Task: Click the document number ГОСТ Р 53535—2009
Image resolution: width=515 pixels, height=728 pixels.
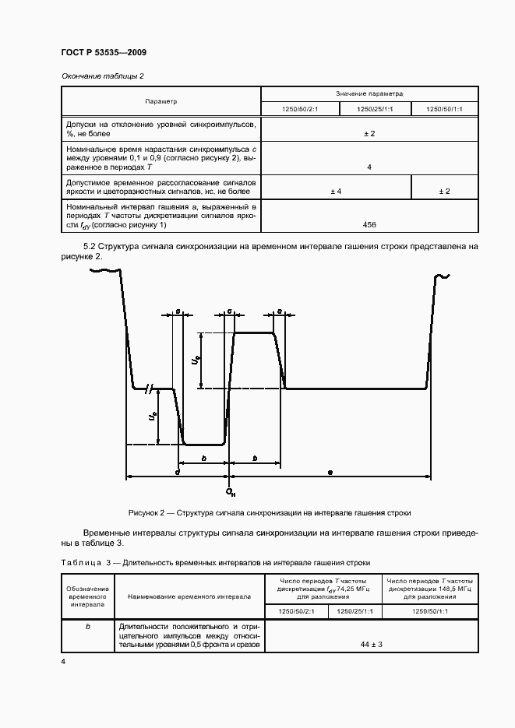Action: pyautogui.click(x=103, y=52)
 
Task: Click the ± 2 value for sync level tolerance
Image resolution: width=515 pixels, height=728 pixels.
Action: pyautogui.click(x=369, y=134)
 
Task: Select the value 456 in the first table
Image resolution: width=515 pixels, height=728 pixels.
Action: pyautogui.click(x=369, y=224)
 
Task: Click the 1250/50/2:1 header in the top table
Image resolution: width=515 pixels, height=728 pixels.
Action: pyautogui.click(x=300, y=110)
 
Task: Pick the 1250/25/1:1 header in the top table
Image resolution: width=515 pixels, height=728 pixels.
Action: pyautogui.click(x=374, y=110)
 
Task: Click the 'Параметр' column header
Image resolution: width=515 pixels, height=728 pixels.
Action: pyautogui.click(x=160, y=101)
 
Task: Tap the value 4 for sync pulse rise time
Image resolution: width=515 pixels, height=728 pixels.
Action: pyautogui.click(x=369, y=167)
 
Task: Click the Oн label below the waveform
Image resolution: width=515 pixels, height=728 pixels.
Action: pyautogui.click(x=230, y=492)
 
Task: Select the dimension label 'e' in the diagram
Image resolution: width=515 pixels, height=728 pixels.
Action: pyautogui.click(x=330, y=472)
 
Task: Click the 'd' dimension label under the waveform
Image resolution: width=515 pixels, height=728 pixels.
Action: pyautogui.click(x=178, y=472)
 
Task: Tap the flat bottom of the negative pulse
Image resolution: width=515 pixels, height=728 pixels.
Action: pyautogui.click(x=204, y=444)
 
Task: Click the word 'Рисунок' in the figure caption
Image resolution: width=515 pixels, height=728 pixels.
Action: pyautogui.click(x=146, y=513)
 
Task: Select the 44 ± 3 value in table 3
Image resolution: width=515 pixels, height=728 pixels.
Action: pyautogui.click(x=371, y=645)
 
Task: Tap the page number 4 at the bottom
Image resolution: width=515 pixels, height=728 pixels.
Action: pyautogui.click(x=63, y=661)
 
